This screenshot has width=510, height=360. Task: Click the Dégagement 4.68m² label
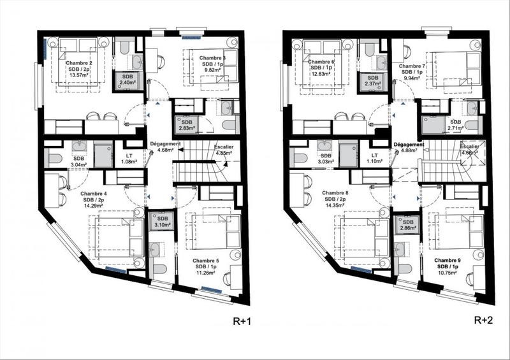(x=165, y=147)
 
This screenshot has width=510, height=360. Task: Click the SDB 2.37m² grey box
(x=372, y=80)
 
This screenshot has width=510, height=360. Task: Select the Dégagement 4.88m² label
(x=409, y=147)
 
